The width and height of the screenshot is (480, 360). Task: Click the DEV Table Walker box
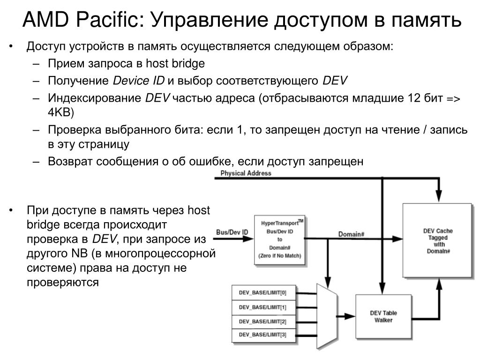tap(383, 316)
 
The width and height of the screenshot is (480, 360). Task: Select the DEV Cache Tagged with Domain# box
tap(437, 240)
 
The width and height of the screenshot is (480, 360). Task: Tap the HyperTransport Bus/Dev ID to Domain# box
tap(280, 240)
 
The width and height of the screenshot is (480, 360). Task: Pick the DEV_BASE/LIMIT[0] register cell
tap(263, 292)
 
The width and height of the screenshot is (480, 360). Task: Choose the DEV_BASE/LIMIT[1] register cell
tap(263, 307)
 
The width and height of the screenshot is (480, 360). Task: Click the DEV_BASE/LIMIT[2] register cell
tap(263, 322)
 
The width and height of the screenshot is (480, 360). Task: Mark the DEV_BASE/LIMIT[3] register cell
tap(263, 335)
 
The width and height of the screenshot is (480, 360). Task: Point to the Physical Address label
tap(246, 173)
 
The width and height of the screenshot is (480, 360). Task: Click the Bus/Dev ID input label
tap(232, 232)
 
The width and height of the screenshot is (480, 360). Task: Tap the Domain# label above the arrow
tap(351, 234)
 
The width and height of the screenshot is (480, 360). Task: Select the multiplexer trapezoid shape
tap(327, 316)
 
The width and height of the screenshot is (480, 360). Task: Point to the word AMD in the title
tap(46, 20)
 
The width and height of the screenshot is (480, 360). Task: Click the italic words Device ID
tap(139, 81)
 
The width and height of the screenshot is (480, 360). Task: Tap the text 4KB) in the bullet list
tap(61, 112)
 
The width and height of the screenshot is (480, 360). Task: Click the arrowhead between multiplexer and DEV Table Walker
tap(350, 316)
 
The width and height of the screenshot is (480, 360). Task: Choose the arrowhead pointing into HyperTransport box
tap(248, 239)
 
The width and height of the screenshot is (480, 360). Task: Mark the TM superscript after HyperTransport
tap(300, 221)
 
